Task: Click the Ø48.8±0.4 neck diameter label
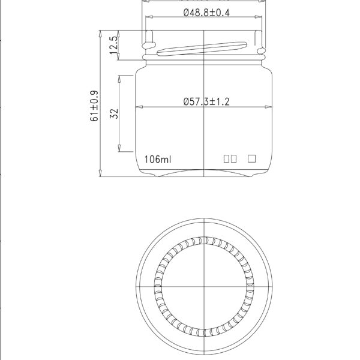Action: pos(205,13)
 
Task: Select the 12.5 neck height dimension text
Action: pos(113,46)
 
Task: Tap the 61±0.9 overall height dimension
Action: pos(94,106)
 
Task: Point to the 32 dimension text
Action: pos(115,113)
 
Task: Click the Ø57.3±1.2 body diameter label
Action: pos(205,102)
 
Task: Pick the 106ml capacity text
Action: pos(158,160)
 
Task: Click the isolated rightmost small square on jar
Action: pos(252,159)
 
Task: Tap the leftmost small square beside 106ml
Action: pos(227,160)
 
